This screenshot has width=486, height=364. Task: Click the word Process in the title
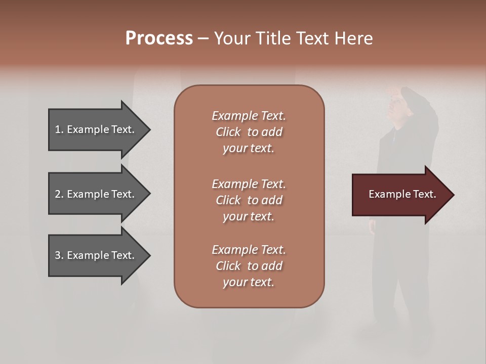[159, 38]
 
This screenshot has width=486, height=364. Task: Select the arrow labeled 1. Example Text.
[96, 129]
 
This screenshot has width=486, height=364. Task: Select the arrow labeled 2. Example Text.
[96, 194]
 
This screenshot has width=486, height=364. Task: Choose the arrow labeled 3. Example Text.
[96, 255]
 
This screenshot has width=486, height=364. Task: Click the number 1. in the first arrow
[59, 129]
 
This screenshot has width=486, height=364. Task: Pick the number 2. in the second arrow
[59, 194]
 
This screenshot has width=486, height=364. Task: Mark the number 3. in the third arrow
[59, 255]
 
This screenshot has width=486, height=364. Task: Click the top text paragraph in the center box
[249, 132]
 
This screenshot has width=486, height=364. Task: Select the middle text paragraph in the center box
[249, 200]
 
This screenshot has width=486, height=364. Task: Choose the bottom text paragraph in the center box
[249, 266]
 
